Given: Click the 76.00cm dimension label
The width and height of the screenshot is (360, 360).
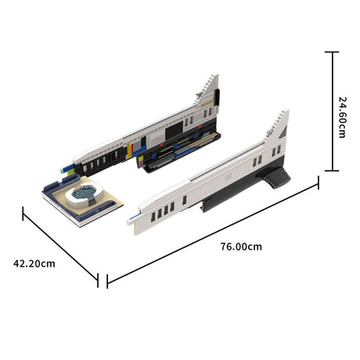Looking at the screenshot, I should click(x=241, y=246).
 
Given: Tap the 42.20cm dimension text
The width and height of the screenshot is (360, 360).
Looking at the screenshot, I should click(x=34, y=263).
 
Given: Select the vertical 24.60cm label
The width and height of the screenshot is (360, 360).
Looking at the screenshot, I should click(x=342, y=117).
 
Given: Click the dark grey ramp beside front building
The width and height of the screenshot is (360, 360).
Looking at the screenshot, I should click(x=276, y=178).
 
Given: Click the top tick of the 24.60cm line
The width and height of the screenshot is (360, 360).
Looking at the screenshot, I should click(x=332, y=52).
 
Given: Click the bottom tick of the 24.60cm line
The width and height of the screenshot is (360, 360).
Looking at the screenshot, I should click(x=332, y=170).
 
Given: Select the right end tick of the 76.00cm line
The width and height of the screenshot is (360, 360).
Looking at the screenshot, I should click(x=318, y=182).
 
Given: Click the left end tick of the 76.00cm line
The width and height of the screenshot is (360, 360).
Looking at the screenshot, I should click(x=106, y=280).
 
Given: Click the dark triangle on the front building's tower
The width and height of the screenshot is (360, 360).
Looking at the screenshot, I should click(x=283, y=134).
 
